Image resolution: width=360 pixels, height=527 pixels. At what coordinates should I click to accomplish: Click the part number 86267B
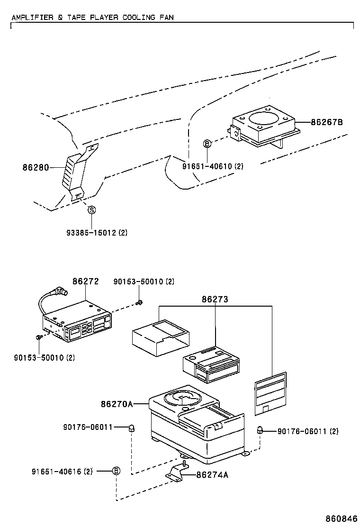click(x=326, y=122)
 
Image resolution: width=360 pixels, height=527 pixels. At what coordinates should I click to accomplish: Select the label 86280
click(x=36, y=167)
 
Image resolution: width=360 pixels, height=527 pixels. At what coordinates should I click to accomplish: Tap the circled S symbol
click(x=92, y=209)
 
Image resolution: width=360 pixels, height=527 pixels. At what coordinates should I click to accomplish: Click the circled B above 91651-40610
click(x=207, y=143)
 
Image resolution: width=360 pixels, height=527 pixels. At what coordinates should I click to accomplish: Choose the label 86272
click(x=85, y=281)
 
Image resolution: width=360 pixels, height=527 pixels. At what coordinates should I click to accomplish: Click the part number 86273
click(x=215, y=299)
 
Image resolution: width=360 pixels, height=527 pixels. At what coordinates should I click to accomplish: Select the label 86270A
click(x=116, y=404)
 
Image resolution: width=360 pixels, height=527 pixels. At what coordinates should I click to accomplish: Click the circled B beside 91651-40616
click(x=116, y=471)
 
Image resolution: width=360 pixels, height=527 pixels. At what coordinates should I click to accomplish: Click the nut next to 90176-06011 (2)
click(x=260, y=430)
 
